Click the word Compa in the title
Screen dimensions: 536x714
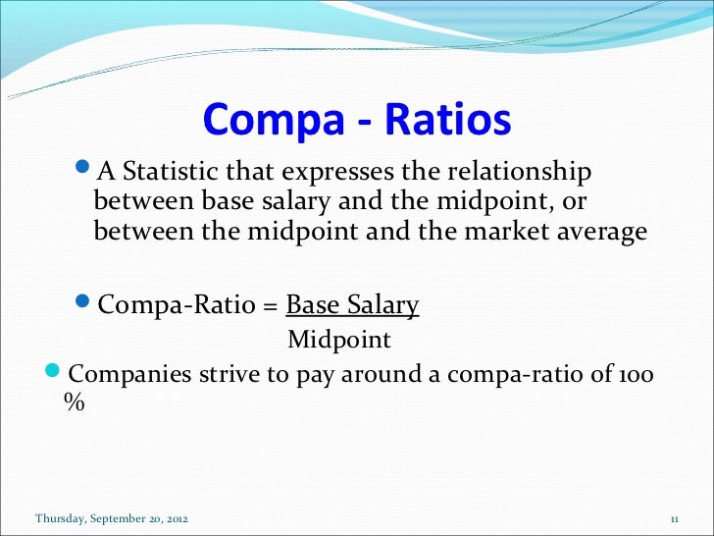(266, 121)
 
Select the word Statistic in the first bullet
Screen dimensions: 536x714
(169, 173)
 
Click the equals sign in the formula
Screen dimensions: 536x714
(270, 306)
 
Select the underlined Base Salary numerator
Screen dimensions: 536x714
(353, 305)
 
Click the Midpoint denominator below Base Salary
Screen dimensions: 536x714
(338, 340)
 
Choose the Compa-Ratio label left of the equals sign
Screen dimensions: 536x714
(178, 306)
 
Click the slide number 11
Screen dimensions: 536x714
(674, 517)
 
